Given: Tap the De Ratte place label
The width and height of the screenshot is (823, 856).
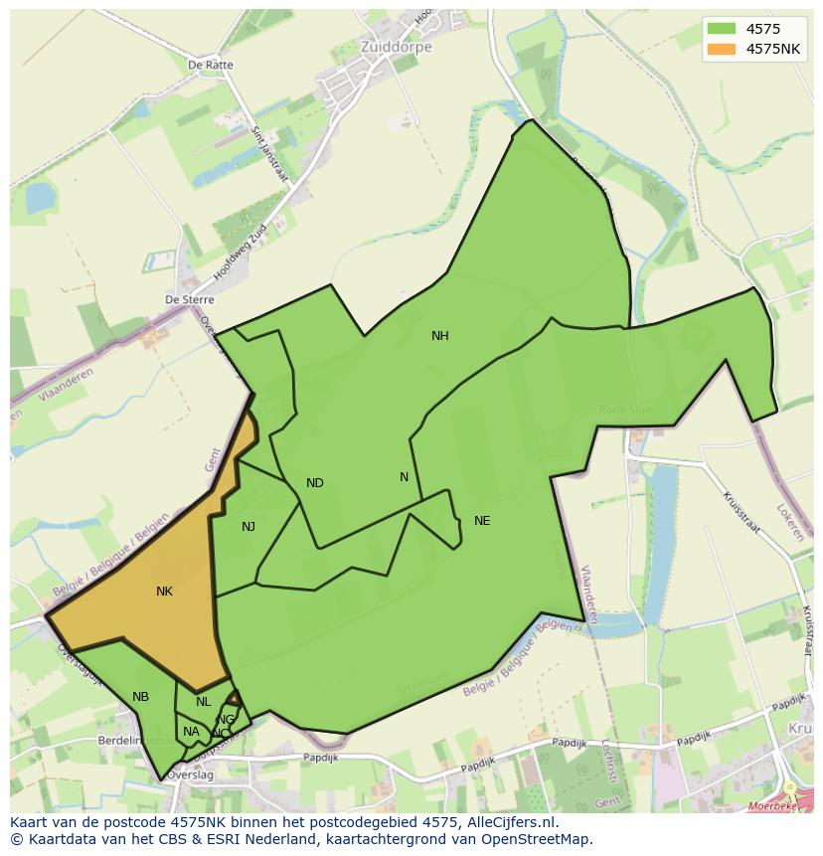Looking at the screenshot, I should (x=210, y=66).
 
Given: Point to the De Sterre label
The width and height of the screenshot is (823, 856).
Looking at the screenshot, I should (x=189, y=299).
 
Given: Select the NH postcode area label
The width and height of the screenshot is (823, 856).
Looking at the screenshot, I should (x=439, y=336).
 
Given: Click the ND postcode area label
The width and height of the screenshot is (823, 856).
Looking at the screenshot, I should (x=314, y=483).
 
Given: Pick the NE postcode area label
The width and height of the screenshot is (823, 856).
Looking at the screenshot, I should (x=482, y=521).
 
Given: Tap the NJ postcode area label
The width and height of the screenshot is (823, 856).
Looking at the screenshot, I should (x=247, y=527).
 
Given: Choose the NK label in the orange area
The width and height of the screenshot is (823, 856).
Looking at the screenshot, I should (x=164, y=592).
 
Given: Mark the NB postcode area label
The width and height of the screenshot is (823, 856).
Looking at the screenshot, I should (x=140, y=697).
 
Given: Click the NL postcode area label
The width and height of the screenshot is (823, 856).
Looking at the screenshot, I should (x=203, y=702).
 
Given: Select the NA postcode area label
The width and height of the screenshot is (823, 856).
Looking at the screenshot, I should (x=191, y=732).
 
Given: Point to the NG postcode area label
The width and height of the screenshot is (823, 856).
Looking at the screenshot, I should (x=227, y=720).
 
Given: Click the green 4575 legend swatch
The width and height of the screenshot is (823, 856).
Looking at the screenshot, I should (x=721, y=29).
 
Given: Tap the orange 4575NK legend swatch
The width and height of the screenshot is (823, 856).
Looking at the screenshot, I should (x=721, y=49).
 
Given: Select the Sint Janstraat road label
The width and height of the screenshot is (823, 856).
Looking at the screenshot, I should (x=265, y=149).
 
